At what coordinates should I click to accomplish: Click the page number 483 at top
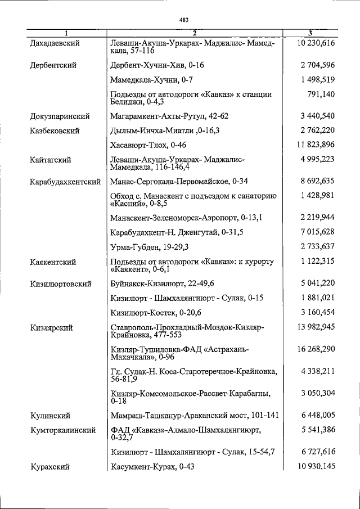tap(183, 20)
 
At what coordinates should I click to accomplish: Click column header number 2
tap(193, 33)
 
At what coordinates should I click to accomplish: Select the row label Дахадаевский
tap(54, 43)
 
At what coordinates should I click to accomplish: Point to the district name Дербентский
tap(53, 65)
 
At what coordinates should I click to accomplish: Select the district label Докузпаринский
tap(60, 116)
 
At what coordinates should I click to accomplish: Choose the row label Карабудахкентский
tap(65, 182)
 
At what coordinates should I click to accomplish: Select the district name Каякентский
tap(53, 262)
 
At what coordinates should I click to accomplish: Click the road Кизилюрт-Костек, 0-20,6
tap(156, 312)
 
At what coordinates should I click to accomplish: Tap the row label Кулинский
tap(50, 416)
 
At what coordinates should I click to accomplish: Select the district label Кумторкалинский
tap(61, 430)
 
